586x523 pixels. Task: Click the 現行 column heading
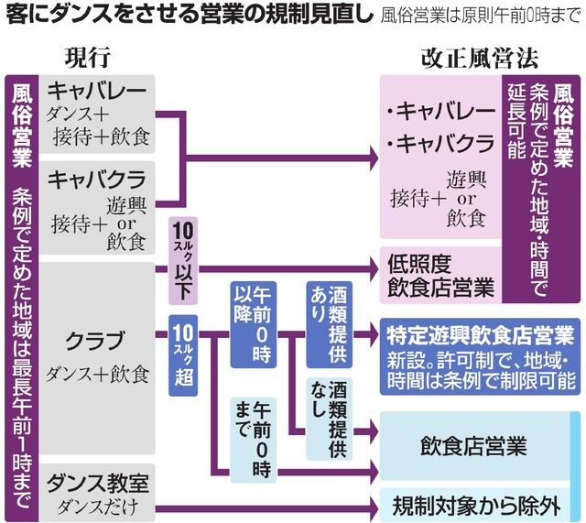(88, 56)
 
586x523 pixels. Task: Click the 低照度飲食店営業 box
(440, 274)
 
